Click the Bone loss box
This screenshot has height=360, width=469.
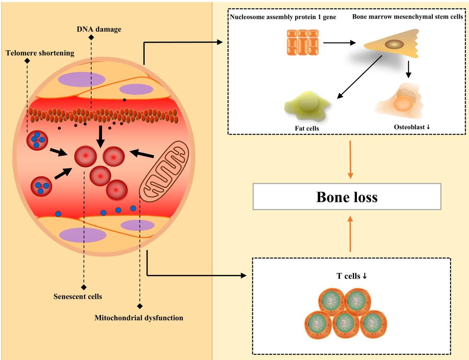coord(347,196)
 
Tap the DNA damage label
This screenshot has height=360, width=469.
coord(99,29)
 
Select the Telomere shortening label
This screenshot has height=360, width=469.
coord(40,53)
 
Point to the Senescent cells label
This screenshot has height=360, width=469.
coord(78,297)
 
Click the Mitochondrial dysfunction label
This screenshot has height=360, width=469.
coord(139,318)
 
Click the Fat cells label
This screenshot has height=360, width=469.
coord(307,128)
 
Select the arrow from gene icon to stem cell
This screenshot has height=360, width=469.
coord(339,43)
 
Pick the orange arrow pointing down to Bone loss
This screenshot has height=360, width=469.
coord(350,159)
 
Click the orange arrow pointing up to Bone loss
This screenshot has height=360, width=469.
coord(350,233)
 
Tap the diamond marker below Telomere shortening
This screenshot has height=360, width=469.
coord(27,61)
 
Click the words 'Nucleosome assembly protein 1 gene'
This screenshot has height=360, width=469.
coord(283,17)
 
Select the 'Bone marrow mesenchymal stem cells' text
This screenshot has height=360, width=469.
coord(408,17)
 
